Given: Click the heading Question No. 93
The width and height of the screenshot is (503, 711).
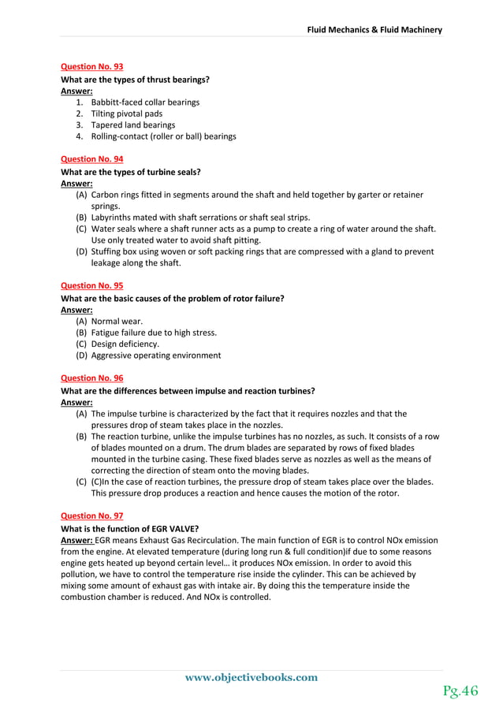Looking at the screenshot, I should (91, 67).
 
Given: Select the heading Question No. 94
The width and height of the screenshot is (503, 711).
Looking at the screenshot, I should (91, 159).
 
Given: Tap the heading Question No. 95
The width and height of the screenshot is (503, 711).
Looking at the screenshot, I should (91, 285).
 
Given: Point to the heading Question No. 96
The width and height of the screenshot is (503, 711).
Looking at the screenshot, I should (91, 378).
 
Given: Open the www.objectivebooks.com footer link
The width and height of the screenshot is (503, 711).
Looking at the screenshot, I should (251, 677).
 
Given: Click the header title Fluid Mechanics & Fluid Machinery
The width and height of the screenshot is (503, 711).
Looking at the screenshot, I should (374, 30).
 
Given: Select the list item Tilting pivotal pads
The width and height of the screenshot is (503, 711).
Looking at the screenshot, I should (127, 114).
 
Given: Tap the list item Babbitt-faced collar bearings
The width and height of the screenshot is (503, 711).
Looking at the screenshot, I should (145, 102).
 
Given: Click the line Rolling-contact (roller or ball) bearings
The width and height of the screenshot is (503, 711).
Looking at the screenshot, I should (163, 136).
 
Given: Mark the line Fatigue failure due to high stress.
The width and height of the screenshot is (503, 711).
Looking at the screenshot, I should (154, 333).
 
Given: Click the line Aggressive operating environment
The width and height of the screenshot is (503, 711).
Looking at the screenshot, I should (156, 355).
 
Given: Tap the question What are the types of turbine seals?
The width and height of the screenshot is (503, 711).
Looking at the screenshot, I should (131, 172).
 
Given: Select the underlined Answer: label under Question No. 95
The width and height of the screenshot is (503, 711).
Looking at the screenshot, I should (76, 310).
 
